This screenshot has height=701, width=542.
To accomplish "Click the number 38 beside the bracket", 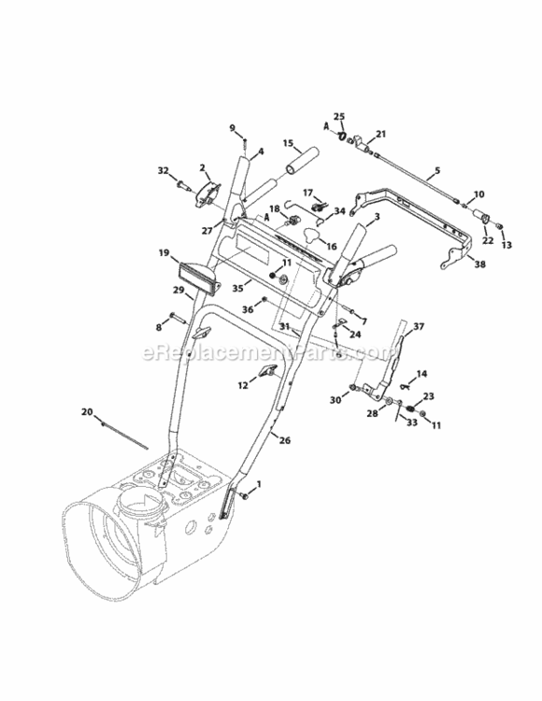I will click(480, 265).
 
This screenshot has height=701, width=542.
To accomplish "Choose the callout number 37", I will click(419, 326).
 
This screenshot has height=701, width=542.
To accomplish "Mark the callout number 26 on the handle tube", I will click(285, 439).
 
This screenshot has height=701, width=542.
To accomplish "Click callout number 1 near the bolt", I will click(259, 483).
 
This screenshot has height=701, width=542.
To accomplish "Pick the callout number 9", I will click(233, 128).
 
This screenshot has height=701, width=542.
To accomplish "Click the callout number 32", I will click(164, 171).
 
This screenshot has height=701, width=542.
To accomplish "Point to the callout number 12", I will click(242, 384).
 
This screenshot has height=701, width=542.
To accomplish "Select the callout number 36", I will click(248, 309).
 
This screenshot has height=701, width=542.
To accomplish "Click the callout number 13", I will click(507, 246).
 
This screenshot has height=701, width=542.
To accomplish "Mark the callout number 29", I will click(178, 291).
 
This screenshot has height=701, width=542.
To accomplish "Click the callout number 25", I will click(339, 117).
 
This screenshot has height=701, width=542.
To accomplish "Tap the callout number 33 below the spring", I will click(411, 422).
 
